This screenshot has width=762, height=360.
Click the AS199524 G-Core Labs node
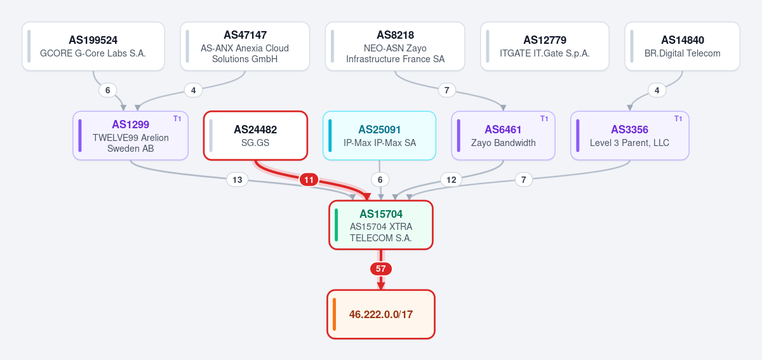93,46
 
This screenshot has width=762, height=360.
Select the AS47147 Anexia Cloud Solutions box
245,46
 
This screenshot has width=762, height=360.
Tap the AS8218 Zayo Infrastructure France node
395,46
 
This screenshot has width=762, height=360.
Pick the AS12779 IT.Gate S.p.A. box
545,46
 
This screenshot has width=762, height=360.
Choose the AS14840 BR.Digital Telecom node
683,46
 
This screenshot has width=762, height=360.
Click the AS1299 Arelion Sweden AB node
130,135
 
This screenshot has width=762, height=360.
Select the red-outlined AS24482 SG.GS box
255,135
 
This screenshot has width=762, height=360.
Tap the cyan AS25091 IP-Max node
379,135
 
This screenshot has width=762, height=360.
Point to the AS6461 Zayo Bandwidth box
503,135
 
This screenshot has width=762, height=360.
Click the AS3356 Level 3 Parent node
630,135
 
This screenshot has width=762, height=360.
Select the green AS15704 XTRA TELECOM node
381,225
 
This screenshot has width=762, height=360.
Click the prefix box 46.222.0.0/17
381,314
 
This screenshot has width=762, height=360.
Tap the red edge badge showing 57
381,269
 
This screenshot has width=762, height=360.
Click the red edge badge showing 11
309,180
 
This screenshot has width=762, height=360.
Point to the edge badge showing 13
237,180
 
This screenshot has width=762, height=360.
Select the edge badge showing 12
451,180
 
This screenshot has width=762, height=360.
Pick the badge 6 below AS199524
107,90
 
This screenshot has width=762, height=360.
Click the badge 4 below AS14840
657,90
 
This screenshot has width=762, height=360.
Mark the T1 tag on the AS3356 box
678,118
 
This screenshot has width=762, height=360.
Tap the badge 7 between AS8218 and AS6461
446,90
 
